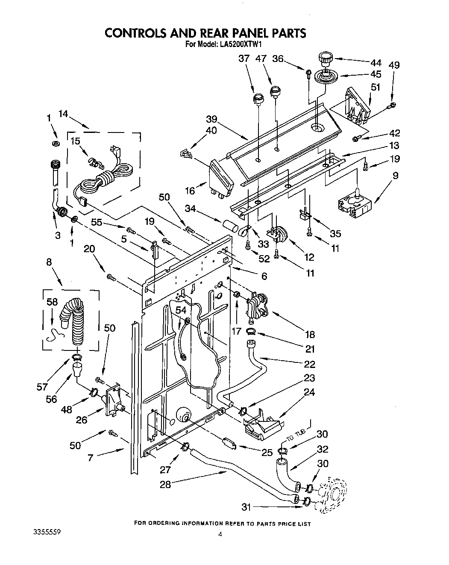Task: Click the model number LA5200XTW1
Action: (x=238, y=44)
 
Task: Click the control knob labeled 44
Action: (x=326, y=57)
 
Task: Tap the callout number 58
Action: (x=53, y=302)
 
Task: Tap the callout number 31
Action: (x=245, y=507)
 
